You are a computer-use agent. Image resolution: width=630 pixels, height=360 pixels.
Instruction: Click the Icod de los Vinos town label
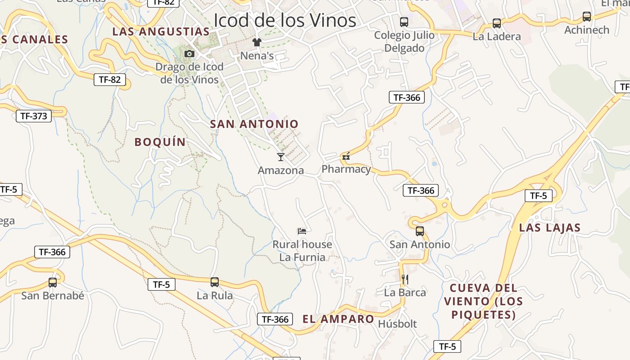[284, 20]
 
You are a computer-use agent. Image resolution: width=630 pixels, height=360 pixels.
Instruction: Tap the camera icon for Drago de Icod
[189, 54]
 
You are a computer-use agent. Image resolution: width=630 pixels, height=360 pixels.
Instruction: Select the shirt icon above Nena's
[257, 43]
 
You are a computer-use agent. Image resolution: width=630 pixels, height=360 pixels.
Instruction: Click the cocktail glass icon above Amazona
[281, 157]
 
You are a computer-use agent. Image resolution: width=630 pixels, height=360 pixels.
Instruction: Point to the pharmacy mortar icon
[346, 157]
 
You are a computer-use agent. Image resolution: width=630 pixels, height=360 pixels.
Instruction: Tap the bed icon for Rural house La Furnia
[302, 231]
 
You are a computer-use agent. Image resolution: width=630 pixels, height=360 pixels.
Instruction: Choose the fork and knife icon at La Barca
[405, 279]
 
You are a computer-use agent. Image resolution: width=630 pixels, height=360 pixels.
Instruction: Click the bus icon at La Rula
[215, 282]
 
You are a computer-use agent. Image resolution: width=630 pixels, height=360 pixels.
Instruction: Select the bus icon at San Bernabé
[53, 283]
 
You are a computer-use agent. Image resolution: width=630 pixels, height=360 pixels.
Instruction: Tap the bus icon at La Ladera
[497, 23]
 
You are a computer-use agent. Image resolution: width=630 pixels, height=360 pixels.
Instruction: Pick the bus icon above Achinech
[587, 17]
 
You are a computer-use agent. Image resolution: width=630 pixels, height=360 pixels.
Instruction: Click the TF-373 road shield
[34, 116]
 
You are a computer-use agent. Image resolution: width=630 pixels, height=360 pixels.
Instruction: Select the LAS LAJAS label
[550, 228]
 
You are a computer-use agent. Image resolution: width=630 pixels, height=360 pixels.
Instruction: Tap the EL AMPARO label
[338, 319]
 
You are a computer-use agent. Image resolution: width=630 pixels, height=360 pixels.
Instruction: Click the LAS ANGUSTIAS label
[161, 31]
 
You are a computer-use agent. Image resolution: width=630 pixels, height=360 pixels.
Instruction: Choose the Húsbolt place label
[397, 324]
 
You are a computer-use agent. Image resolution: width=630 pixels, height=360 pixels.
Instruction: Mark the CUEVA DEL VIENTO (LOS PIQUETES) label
[484, 301]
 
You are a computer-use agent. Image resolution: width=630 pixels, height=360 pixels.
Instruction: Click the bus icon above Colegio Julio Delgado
[404, 22]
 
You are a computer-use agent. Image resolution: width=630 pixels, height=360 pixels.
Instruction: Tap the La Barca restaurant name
[405, 292]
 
